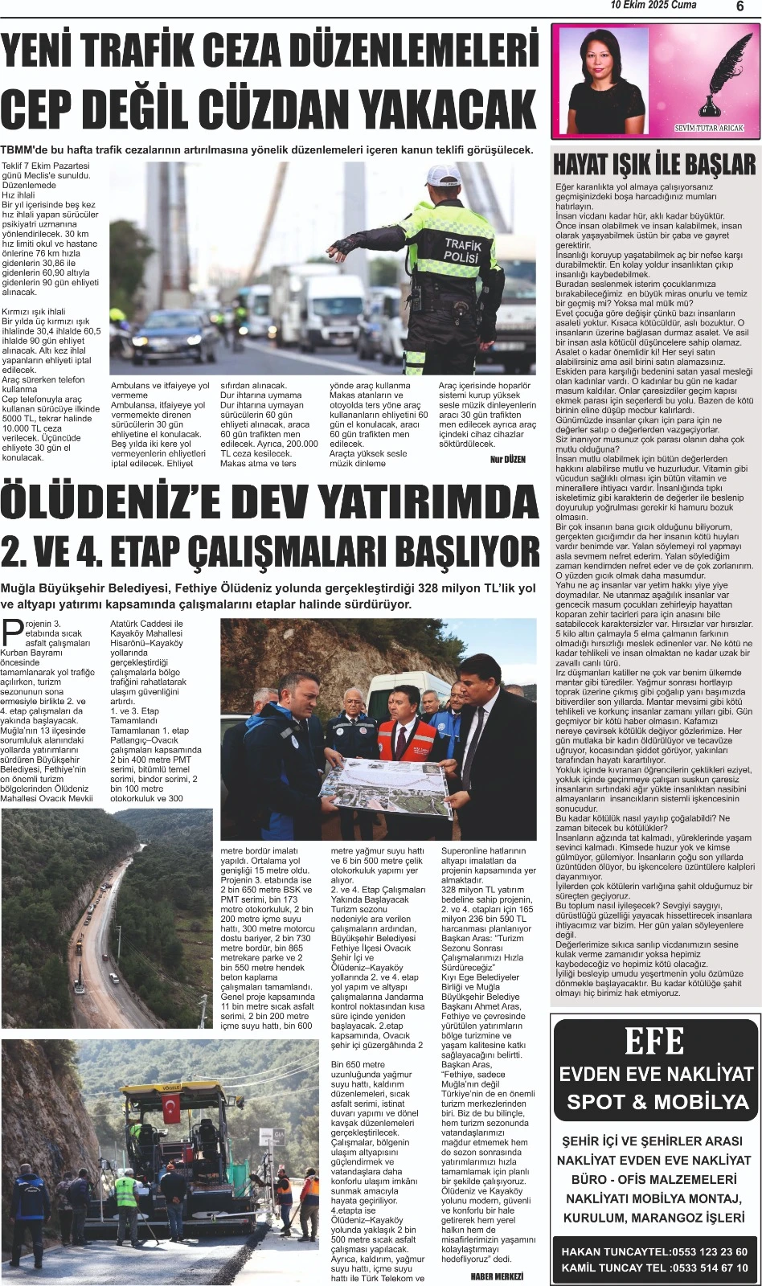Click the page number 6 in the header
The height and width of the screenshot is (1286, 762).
[x=739, y=6]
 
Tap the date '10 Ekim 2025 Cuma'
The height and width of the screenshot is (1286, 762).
[x=653, y=6]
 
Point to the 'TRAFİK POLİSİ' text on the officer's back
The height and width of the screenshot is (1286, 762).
[x=464, y=251]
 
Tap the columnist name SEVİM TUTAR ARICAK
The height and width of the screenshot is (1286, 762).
[x=709, y=128]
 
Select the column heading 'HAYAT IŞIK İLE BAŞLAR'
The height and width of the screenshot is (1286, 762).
[x=654, y=165]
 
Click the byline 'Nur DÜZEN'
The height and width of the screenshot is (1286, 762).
[x=506, y=460]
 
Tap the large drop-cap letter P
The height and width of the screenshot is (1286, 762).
[x=13, y=633]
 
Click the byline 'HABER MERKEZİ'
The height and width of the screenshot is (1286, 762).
[x=497, y=1276]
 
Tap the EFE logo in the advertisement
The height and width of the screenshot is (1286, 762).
[x=654, y=1042]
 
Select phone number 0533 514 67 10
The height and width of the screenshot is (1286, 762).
[x=709, y=1268]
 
